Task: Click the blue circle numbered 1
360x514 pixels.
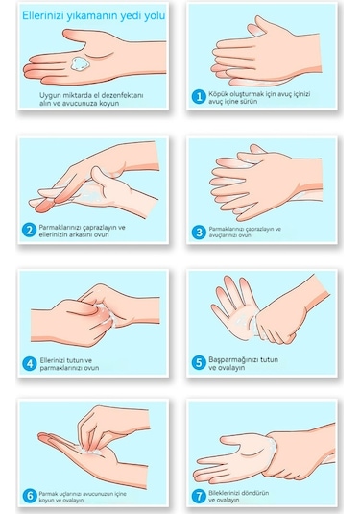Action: (199, 97)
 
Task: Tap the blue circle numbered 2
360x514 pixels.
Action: (29, 231)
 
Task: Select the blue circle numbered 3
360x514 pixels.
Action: (199, 233)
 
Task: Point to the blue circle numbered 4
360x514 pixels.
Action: (30, 364)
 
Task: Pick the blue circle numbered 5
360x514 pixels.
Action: (199, 363)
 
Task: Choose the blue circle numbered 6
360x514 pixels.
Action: (30, 496)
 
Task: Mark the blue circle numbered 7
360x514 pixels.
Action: (199, 496)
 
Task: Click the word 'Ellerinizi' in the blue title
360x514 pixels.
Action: (42, 15)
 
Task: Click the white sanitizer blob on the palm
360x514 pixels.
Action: (79, 63)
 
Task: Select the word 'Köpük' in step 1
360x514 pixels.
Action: (218, 94)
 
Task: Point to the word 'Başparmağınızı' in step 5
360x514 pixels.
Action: (234, 359)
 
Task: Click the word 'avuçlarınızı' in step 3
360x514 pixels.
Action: (226, 235)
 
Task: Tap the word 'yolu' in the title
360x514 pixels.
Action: (155, 15)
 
